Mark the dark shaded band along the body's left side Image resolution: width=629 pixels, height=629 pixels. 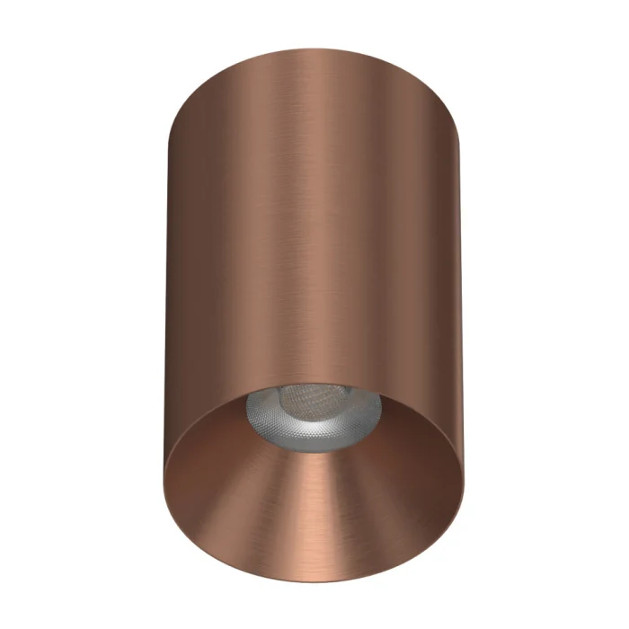pos(184,270)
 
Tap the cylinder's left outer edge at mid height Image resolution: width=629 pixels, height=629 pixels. pos(167,288)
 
